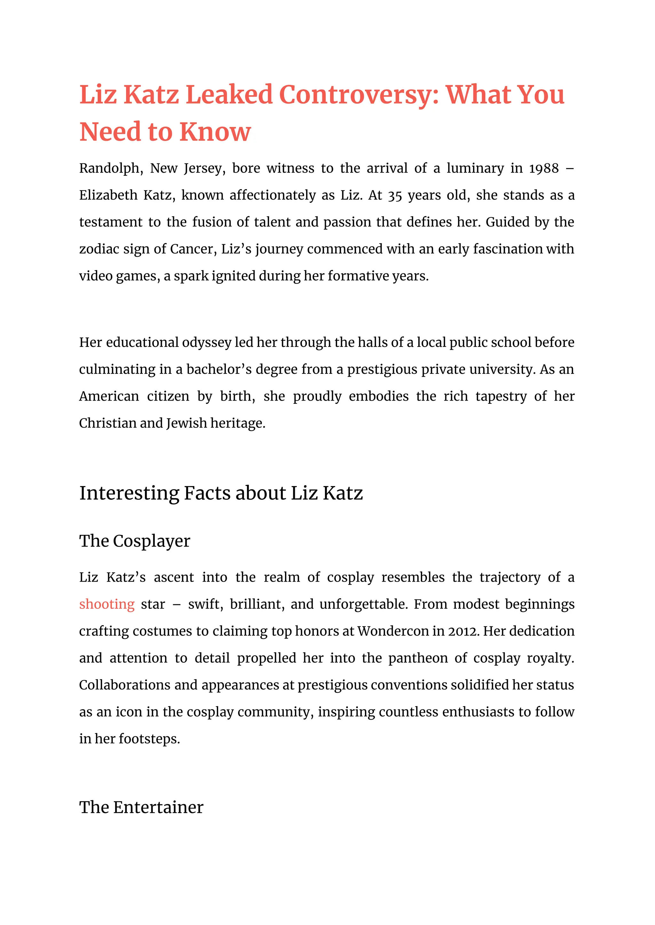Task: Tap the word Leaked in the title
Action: pos(229,95)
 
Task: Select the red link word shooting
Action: pos(107,604)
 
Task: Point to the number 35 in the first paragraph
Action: pos(395,196)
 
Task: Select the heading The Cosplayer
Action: pos(134,541)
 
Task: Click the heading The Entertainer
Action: pos(141,807)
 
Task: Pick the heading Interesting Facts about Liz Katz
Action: pos(221,493)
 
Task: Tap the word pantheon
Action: pos(418,658)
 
